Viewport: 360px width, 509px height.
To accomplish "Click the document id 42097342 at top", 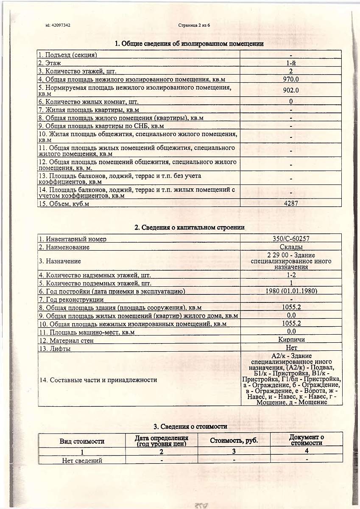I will click(x=58, y=25).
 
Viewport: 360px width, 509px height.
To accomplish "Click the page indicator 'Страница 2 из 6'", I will click(x=195, y=25).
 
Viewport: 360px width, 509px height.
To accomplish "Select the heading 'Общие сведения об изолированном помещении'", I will click(x=190, y=44).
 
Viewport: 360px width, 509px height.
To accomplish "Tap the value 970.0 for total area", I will click(x=291, y=79).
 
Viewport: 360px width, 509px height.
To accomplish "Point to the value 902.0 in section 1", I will click(x=291, y=90).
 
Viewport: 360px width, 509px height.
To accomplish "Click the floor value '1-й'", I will click(x=291, y=63).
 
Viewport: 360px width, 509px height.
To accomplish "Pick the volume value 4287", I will click(x=291, y=203).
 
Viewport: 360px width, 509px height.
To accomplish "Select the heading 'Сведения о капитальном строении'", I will click(x=190, y=227).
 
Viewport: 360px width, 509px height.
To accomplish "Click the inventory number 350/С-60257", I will click(x=291, y=239).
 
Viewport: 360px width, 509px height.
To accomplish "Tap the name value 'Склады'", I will click(x=291, y=247).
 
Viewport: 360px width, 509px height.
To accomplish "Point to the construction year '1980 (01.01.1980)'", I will click(x=291, y=291).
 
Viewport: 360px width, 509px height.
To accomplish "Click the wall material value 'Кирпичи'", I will click(x=291, y=339).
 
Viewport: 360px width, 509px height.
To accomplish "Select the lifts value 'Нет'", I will click(x=291, y=348).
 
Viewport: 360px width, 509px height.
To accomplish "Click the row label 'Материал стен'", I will click(x=66, y=340).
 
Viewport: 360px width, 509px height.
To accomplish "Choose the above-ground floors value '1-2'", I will click(x=291, y=275).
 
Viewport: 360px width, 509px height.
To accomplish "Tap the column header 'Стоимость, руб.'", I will click(x=234, y=441).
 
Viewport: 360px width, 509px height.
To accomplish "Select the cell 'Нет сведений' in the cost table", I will click(x=82, y=460).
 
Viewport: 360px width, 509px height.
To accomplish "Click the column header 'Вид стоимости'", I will click(x=82, y=441).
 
